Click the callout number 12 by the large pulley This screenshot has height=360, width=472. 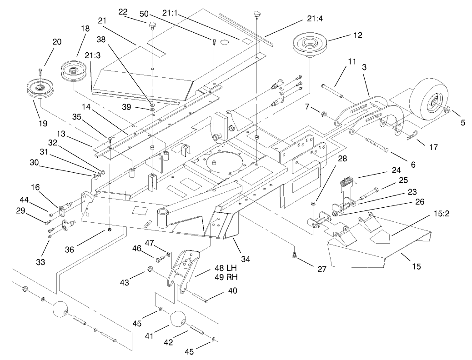[358, 35]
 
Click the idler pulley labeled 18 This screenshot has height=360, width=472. [73, 70]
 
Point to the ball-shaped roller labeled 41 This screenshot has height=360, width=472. [178, 321]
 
